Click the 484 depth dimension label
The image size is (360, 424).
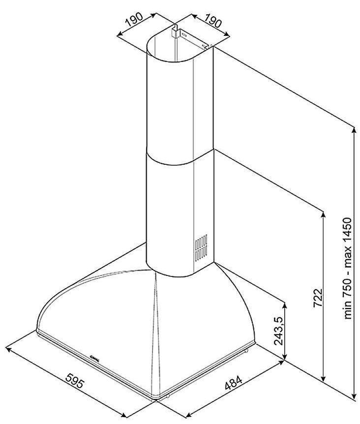(234, 382)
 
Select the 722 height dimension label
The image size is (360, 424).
(318, 298)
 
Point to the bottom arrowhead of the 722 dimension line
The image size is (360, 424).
(323, 378)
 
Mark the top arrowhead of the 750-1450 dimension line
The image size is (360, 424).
(354, 130)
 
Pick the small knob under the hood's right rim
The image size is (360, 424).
(246, 352)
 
